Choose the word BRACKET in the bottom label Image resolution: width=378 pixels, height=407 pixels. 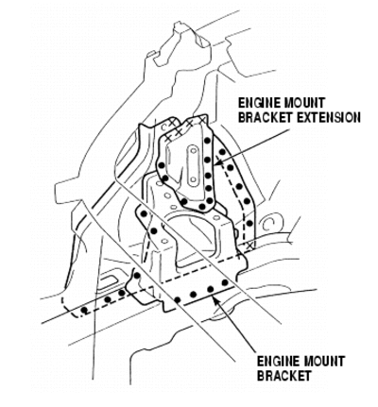tap(283, 376)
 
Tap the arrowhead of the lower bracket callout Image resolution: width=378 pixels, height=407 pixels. tap(215, 299)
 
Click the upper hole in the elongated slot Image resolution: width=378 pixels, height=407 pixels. tap(193, 151)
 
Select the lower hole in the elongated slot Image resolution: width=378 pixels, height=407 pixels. tap(193, 180)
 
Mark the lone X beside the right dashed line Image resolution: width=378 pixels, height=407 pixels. tap(250, 246)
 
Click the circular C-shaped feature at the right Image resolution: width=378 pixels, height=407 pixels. tap(267, 224)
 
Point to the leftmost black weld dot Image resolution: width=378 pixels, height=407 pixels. tap(84, 311)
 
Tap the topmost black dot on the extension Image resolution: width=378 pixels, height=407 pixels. tap(207, 141)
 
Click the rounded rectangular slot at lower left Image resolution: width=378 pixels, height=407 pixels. tap(107, 281)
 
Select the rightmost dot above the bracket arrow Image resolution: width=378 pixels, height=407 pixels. tap(225, 282)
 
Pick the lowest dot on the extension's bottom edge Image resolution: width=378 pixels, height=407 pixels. tap(202, 207)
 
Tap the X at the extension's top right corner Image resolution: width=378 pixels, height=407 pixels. tap(202, 119)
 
